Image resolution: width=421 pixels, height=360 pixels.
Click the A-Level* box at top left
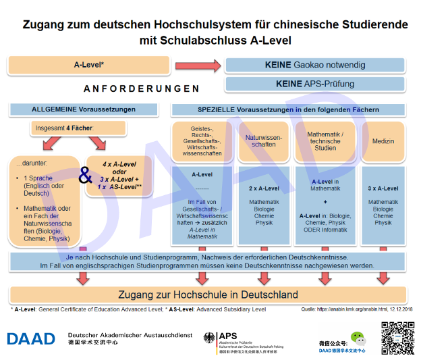click(88, 66)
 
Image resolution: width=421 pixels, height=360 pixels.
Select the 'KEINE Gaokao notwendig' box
click(315, 66)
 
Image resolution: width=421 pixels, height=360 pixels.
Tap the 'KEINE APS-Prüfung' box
click(315, 84)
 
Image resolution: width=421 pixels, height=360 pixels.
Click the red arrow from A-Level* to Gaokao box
click(196, 66)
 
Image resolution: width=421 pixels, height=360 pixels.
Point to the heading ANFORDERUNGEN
click(142, 88)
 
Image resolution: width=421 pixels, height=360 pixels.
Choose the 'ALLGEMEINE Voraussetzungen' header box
click(84, 109)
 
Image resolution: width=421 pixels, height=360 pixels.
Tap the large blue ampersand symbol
click(85, 176)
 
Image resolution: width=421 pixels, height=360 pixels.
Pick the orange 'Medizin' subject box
click(383, 141)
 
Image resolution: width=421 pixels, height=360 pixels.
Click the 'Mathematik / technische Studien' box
click(325, 141)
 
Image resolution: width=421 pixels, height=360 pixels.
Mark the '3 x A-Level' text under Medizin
click(383, 188)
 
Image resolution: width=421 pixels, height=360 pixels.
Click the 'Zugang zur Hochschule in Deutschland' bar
click(208, 294)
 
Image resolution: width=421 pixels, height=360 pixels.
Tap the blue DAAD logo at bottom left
click(31, 338)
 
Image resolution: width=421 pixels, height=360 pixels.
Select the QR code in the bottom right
click(396, 338)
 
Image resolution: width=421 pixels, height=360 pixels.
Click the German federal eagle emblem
click(210, 338)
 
